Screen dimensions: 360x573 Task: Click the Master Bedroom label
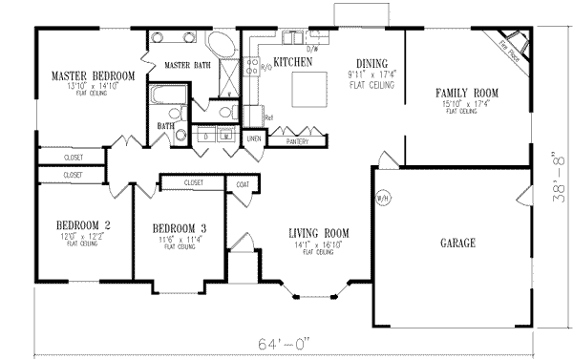click(x=93, y=75)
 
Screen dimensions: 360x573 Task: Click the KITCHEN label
click(x=293, y=62)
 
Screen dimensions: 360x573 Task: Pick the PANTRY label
click(x=297, y=141)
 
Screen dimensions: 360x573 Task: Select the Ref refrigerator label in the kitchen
click(x=268, y=119)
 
